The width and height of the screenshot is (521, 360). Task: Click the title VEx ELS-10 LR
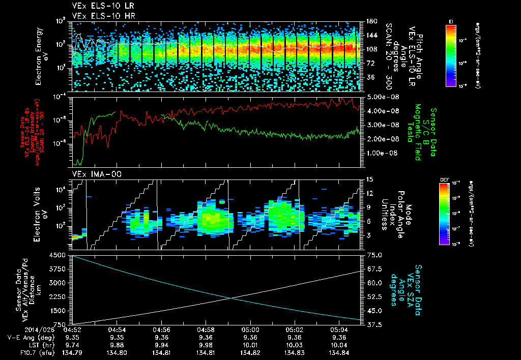pyautogui.click(x=99, y=7)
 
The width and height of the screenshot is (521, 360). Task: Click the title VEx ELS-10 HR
pyautogui.click(x=99, y=16)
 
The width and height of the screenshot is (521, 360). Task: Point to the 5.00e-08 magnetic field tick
pyautogui.click(x=379, y=97)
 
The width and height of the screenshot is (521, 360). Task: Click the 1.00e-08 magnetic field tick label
pyautogui.click(x=379, y=153)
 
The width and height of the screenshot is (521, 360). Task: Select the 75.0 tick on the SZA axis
pyautogui.click(x=372, y=255)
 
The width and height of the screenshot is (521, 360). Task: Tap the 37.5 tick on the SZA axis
pyautogui.click(x=372, y=324)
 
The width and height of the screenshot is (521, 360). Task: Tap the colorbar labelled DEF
pyautogui.click(x=450, y=214)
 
